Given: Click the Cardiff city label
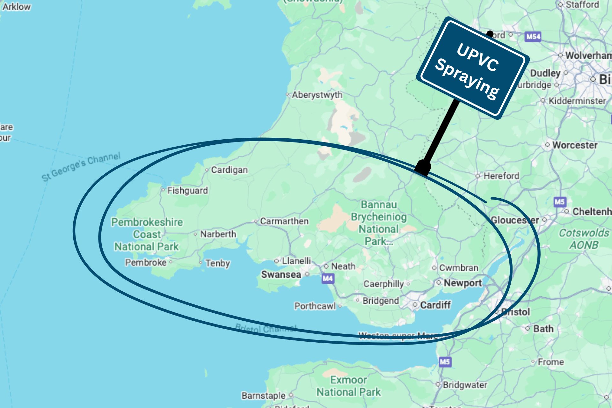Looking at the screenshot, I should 435,305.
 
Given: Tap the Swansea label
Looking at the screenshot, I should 281,274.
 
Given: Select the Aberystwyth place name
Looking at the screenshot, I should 317,95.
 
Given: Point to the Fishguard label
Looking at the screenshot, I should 187,191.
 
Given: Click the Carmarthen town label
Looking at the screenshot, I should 284,221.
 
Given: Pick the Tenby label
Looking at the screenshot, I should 217,263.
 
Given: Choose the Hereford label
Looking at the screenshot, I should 501,176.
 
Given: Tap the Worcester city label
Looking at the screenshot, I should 575,145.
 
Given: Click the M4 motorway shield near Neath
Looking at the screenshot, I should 328,279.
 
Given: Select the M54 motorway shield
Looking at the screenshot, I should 533,37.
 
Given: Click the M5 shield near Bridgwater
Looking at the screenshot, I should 445,362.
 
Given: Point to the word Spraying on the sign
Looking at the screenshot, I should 467,79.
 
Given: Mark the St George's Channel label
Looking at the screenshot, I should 81,167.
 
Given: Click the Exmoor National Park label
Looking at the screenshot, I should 348,386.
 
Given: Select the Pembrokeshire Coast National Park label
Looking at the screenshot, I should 147,234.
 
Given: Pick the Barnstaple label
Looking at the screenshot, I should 263,396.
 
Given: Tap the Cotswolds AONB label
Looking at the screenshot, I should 584,239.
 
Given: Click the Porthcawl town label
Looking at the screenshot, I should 315,306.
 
